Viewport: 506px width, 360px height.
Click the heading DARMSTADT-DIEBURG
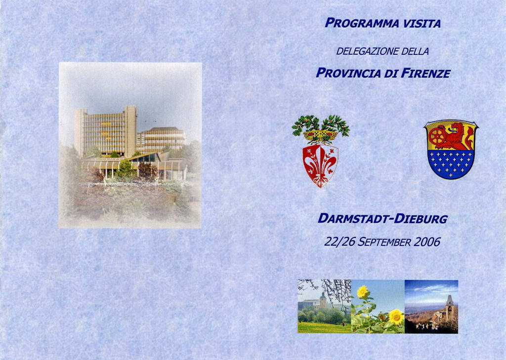(x=383, y=219)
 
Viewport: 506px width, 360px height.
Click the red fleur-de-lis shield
(x=320, y=165)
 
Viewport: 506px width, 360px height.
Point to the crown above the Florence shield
(x=320, y=135)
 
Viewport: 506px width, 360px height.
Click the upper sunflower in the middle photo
(x=363, y=291)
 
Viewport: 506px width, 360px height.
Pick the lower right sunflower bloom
(x=396, y=317)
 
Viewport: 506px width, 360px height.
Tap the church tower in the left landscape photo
(x=323, y=300)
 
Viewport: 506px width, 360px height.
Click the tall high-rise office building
(x=106, y=131)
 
